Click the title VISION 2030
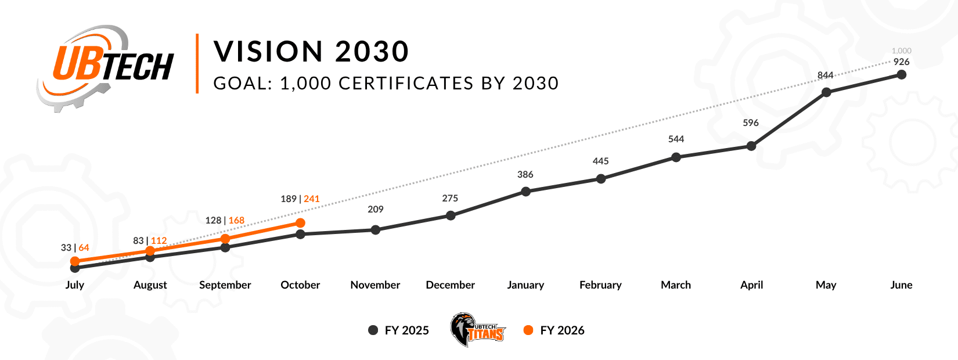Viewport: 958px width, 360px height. coord(312,52)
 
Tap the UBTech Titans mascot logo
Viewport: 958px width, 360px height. coord(477,330)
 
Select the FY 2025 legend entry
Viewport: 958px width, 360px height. coord(399,330)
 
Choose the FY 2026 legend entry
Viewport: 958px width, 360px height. coord(554,330)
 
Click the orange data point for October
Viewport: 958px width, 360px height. coord(300,223)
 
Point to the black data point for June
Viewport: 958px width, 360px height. coord(902,74)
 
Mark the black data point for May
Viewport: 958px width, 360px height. coord(826,92)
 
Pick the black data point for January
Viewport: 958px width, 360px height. coord(526,192)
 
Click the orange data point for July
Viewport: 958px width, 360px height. coord(75,261)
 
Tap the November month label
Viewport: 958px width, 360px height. coord(375,285)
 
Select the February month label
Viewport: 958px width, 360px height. coord(600,285)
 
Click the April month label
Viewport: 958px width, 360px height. coord(751,285)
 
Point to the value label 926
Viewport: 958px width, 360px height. coord(901,62)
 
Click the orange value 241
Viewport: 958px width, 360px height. coord(312,199)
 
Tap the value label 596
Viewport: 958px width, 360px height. coord(751,123)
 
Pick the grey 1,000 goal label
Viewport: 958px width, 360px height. coord(902,51)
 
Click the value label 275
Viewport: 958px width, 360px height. coord(450,199)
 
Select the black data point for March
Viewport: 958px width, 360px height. coord(676,157)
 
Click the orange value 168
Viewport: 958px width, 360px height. coord(236,221)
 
